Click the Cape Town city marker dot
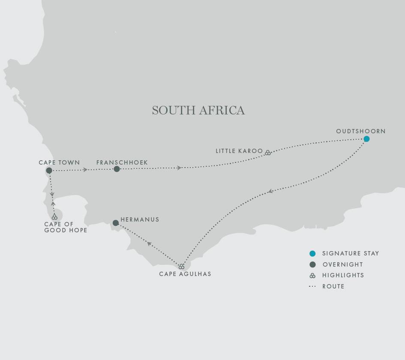[x=49, y=171]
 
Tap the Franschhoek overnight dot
[x=117, y=169]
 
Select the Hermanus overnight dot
[x=115, y=223]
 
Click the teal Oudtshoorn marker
[x=366, y=139]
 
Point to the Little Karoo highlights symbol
[x=268, y=153]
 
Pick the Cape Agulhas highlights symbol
[x=182, y=267]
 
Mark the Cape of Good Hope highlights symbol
[x=54, y=217]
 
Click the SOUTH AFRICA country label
[x=198, y=111]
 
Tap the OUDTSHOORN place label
[x=361, y=131]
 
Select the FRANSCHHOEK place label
[x=122, y=162]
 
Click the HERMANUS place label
[x=140, y=219]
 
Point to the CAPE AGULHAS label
[x=185, y=274]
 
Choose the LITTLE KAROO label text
[x=239, y=151]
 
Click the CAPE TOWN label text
[x=59, y=162]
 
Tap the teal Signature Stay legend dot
[x=312, y=254]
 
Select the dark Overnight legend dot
[x=312, y=264]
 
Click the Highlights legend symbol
[x=312, y=276]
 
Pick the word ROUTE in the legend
[x=333, y=286]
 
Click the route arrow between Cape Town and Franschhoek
[x=86, y=170]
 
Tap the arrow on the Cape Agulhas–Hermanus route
[x=149, y=243]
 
